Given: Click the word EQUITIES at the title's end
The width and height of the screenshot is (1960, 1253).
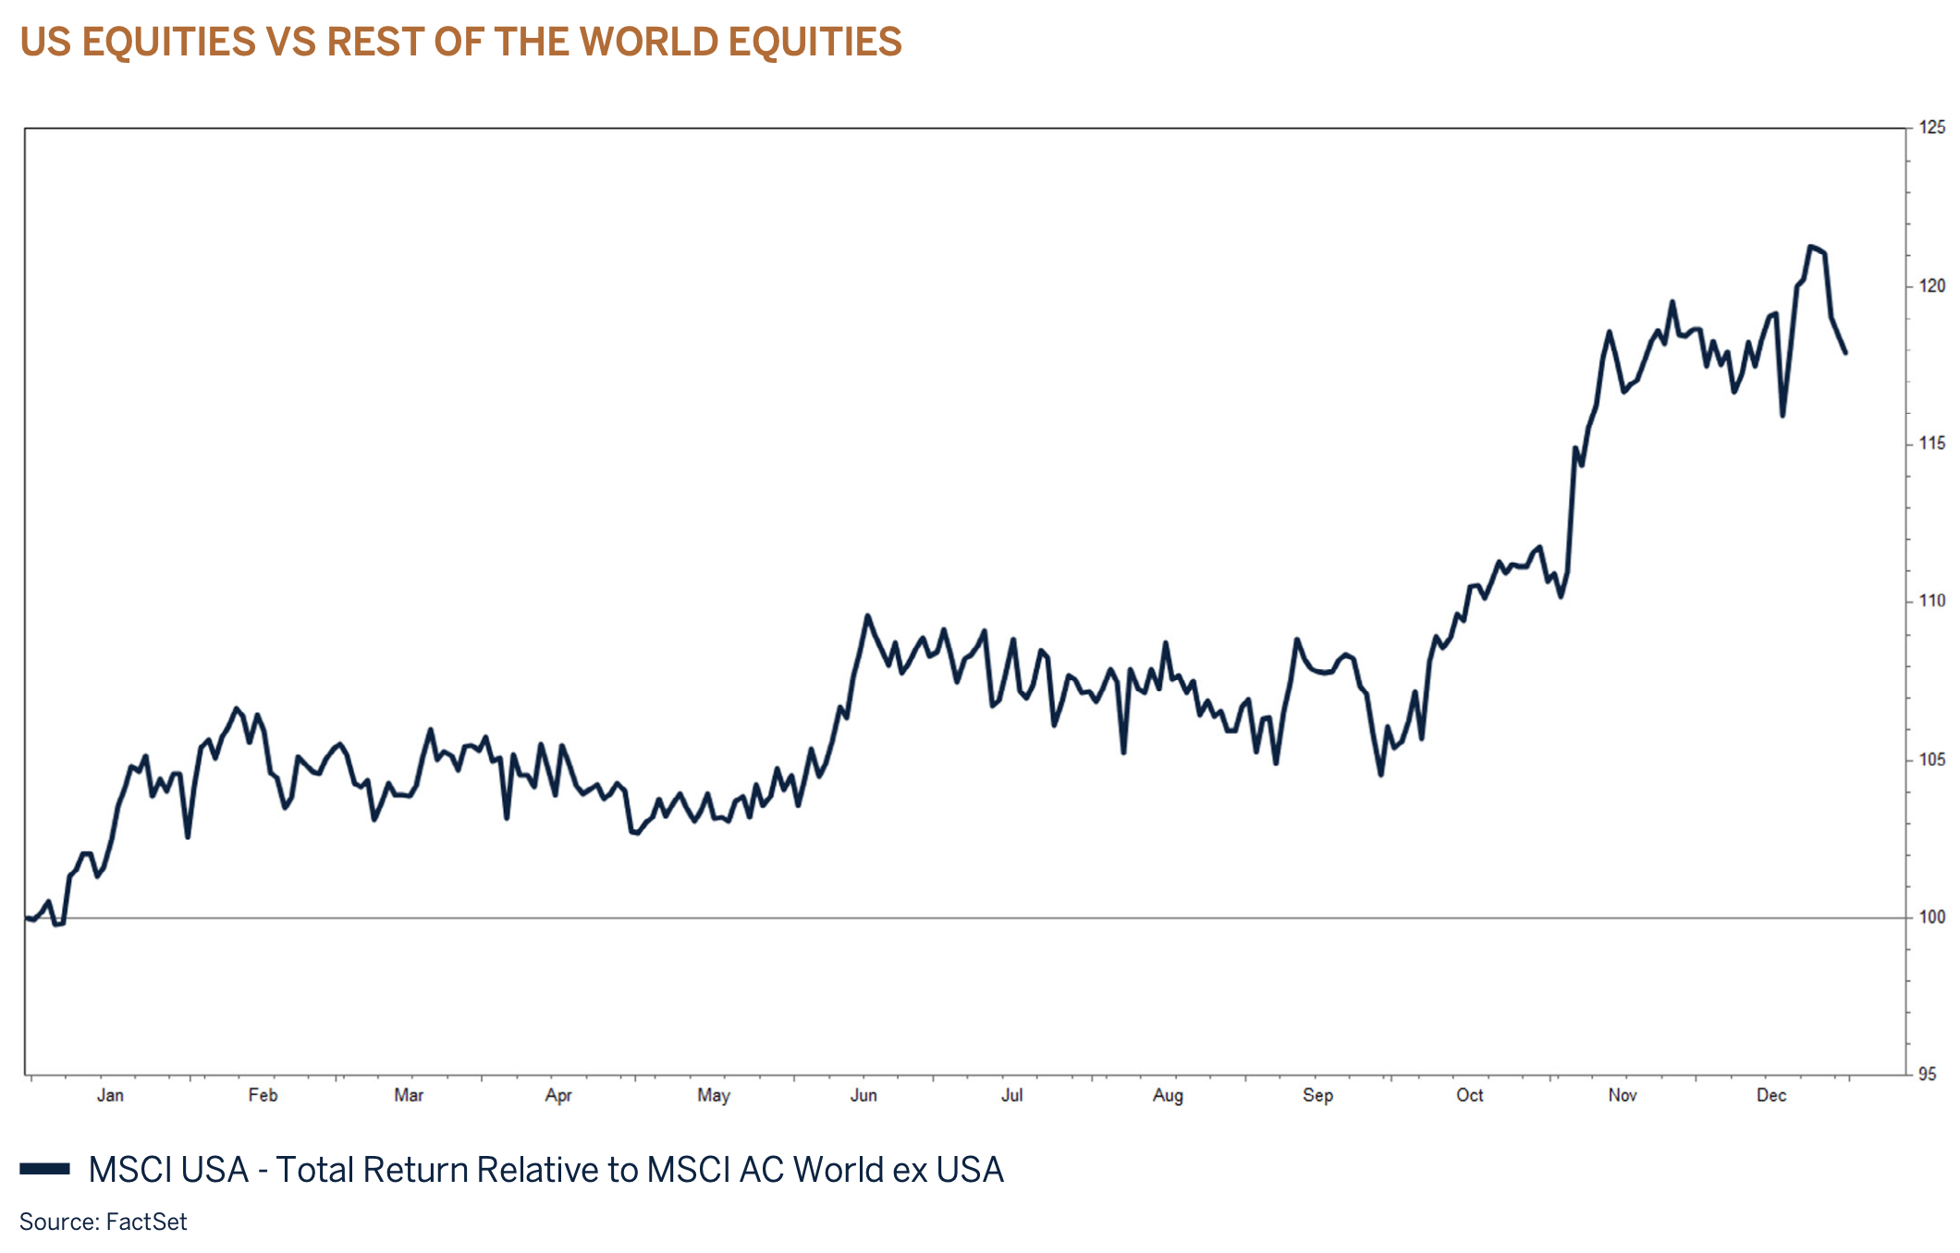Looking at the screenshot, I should (x=815, y=42).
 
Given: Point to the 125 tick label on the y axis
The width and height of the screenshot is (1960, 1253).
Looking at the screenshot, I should (x=1931, y=128).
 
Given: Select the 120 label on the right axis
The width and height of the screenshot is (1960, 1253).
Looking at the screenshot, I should (x=1931, y=286).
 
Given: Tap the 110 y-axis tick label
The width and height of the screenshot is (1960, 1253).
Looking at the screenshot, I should (x=1931, y=601).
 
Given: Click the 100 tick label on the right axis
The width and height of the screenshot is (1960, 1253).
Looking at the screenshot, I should (x=1931, y=917).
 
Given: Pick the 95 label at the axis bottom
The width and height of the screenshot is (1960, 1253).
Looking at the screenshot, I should (x=1928, y=1074).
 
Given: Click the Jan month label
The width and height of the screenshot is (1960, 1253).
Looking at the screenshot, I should (x=110, y=1095).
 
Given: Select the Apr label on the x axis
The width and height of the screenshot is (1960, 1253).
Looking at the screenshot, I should (x=558, y=1095).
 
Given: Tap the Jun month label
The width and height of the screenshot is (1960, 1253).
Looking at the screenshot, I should (x=864, y=1095).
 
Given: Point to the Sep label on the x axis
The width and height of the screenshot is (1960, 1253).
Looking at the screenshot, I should (x=1317, y=1095).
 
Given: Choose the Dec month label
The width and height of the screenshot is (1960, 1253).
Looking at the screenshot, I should (x=1771, y=1095).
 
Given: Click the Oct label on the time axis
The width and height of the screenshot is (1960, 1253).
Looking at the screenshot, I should (x=1469, y=1095).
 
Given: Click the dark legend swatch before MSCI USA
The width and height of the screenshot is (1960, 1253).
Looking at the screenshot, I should (x=44, y=1169).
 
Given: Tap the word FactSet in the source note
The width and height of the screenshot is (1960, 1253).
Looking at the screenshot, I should (x=146, y=1222).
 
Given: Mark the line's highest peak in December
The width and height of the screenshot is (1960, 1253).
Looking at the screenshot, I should (x=1811, y=247).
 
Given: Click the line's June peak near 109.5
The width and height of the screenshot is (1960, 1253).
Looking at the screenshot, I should (x=867, y=615).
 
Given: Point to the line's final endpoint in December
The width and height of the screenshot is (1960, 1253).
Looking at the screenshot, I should (x=1845, y=352).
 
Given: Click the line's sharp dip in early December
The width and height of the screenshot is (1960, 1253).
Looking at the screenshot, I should (x=1782, y=415).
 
